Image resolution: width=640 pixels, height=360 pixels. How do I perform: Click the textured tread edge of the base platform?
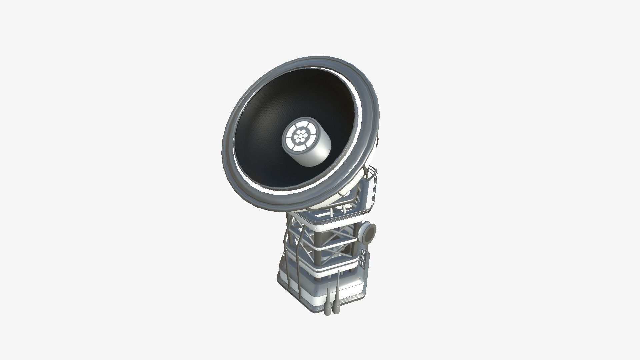click(x=347, y=300)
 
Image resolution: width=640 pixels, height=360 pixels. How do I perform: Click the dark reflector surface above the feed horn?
click(x=300, y=97)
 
